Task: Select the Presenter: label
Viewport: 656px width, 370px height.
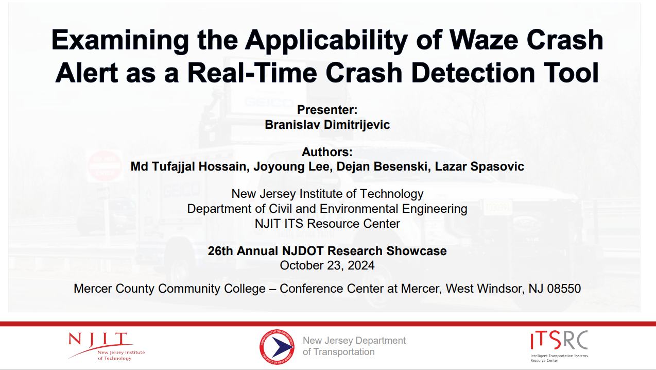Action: coord(327,110)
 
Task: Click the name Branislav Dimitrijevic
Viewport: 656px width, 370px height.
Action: coord(327,125)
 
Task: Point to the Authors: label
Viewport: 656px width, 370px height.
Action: coord(327,152)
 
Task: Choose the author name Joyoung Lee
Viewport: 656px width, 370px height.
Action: coord(291,166)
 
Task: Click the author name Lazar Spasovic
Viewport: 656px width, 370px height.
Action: coord(479,166)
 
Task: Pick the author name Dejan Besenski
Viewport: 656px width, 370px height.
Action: coord(382,166)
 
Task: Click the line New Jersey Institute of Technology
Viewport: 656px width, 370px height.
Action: coord(327,194)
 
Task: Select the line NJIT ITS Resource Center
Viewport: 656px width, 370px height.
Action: coord(327,224)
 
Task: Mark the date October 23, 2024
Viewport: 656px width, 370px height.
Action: coord(327,265)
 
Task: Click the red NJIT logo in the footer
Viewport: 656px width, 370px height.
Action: coord(107,346)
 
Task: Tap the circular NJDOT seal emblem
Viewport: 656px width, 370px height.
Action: coord(277,346)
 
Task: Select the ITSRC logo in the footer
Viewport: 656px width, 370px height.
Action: coord(559,346)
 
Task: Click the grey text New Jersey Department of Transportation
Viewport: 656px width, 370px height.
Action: coord(354,346)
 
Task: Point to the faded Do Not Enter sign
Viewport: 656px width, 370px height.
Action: coord(105,166)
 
